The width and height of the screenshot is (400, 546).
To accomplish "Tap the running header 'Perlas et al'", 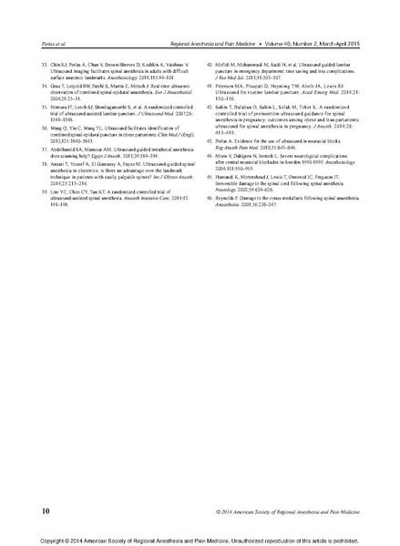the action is click(41, 43).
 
